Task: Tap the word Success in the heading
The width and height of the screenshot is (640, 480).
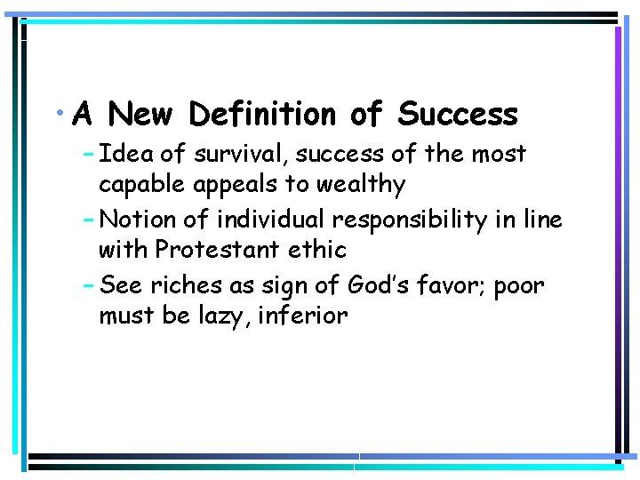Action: point(458,115)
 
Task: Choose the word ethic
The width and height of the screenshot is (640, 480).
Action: point(315,250)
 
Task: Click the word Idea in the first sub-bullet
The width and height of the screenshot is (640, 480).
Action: point(124,155)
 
